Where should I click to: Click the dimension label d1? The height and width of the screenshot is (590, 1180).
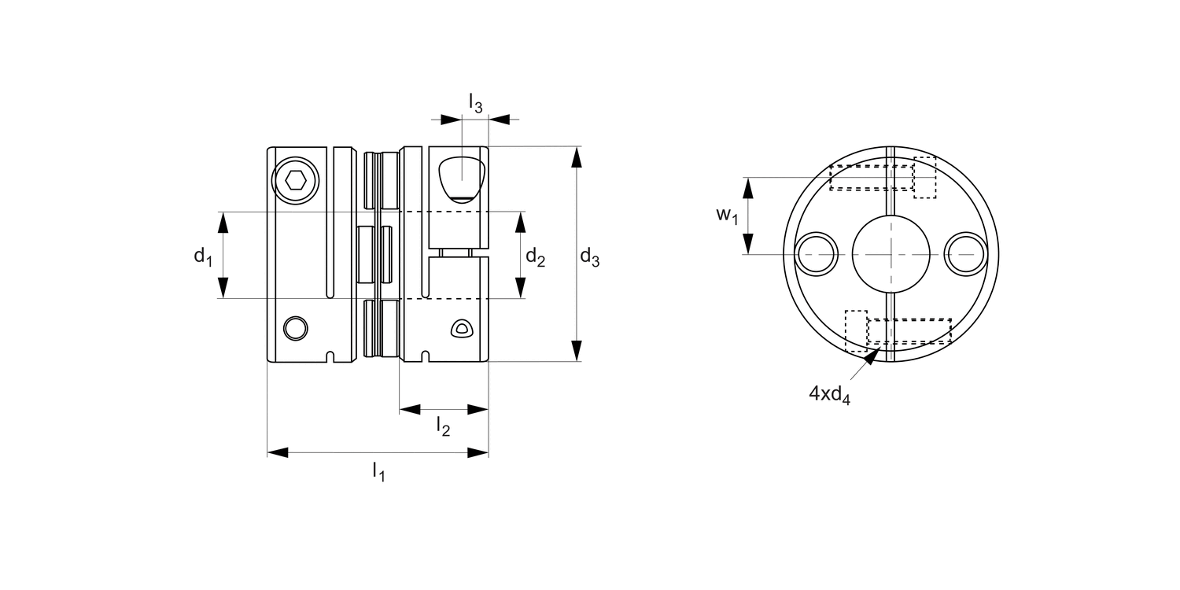204,256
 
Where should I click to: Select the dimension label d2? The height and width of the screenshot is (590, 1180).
535,256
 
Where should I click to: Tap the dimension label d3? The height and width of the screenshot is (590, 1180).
590,256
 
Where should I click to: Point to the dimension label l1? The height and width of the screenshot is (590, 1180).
378,472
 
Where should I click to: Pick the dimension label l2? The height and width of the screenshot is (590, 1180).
444,427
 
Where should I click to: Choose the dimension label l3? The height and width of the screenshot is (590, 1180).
474,103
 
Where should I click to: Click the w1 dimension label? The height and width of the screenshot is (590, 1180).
726,215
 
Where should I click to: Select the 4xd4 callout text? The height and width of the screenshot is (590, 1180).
830,396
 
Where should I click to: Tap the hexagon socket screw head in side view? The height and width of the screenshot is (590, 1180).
296,181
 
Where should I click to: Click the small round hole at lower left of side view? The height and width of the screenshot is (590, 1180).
296,327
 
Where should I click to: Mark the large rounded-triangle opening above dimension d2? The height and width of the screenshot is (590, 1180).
461,178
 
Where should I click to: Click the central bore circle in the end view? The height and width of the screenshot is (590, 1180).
891,254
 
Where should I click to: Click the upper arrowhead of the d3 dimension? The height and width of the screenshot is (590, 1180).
577,157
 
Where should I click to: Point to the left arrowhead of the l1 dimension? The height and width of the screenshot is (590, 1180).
278,452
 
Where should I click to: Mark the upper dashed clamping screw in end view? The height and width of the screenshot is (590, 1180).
872,178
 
